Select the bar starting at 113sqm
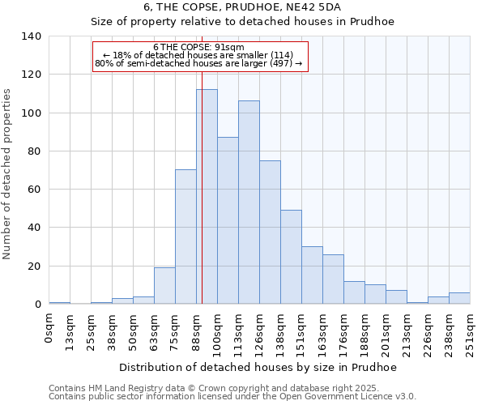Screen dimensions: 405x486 249,202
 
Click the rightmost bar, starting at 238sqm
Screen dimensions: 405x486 459,298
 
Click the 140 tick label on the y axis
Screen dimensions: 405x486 32,36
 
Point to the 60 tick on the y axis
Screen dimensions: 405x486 35,190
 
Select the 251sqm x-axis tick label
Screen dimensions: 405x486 471,332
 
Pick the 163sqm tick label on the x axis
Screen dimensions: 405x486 323,332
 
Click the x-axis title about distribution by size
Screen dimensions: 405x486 258,367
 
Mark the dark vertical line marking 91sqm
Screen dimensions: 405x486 202,162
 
